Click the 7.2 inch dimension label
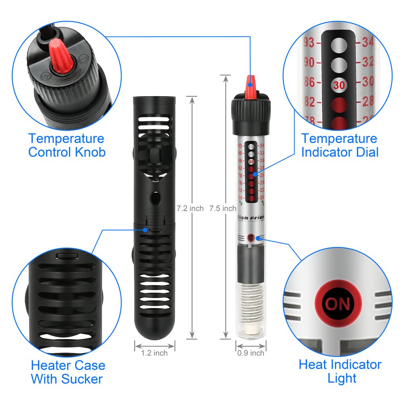(x=190, y=208)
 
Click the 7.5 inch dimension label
(x=223, y=208)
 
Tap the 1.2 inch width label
(x=154, y=353)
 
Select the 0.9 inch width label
(x=251, y=353)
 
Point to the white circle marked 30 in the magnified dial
(x=339, y=85)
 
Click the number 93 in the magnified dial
(x=310, y=42)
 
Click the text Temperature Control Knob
(x=67, y=145)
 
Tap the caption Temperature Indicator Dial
(x=339, y=145)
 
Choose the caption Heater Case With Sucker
(x=68, y=372)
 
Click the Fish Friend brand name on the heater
(x=251, y=217)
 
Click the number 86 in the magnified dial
(x=309, y=82)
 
